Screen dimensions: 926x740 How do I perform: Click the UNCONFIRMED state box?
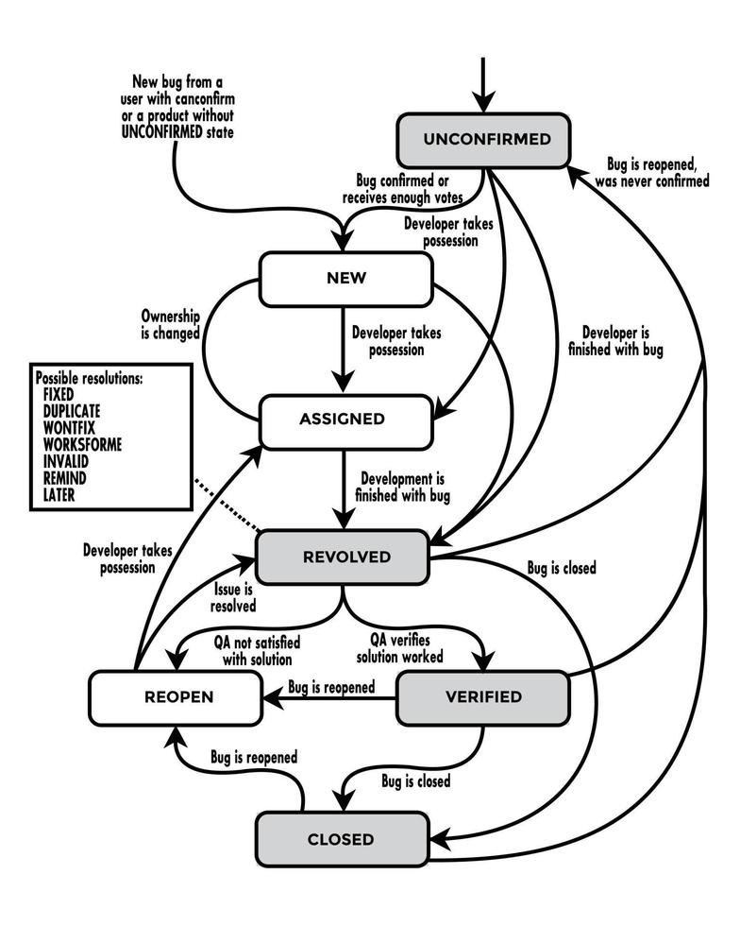coord(486,140)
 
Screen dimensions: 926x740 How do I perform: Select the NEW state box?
coord(345,279)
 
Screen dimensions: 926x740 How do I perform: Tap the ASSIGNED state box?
coord(345,419)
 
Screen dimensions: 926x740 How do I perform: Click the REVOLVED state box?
coord(345,557)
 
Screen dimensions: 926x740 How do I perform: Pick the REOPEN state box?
coord(177,697)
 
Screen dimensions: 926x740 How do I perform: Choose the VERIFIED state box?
coord(482,697)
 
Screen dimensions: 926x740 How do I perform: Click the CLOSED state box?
coord(341,838)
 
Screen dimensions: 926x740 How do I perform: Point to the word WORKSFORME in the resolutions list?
coord(82,443)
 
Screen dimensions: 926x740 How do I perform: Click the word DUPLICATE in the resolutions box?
coord(72,411)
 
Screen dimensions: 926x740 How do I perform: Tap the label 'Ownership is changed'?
coord(170,325)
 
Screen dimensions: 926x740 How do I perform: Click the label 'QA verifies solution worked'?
coord(406,649)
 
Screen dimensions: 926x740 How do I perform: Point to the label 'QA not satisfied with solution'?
coord(252,649)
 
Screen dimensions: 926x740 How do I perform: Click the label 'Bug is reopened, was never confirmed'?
coord(651,173)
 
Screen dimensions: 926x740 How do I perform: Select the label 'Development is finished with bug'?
coord(400,488)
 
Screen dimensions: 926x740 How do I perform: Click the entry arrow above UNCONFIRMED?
coord(483,85)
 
